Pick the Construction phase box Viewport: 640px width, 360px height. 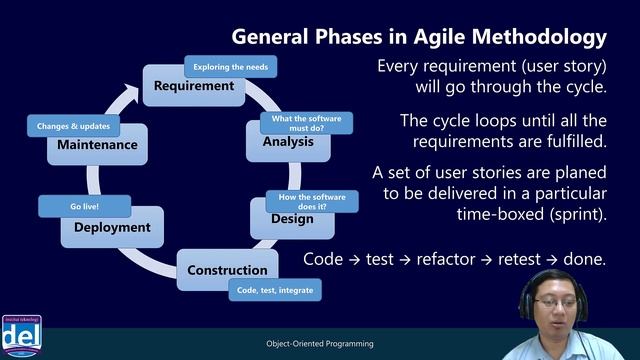(x=228, y=270)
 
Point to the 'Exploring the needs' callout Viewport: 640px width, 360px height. (x=231, y=67)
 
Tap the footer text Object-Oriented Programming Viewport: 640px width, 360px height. (x=320, y=344)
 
